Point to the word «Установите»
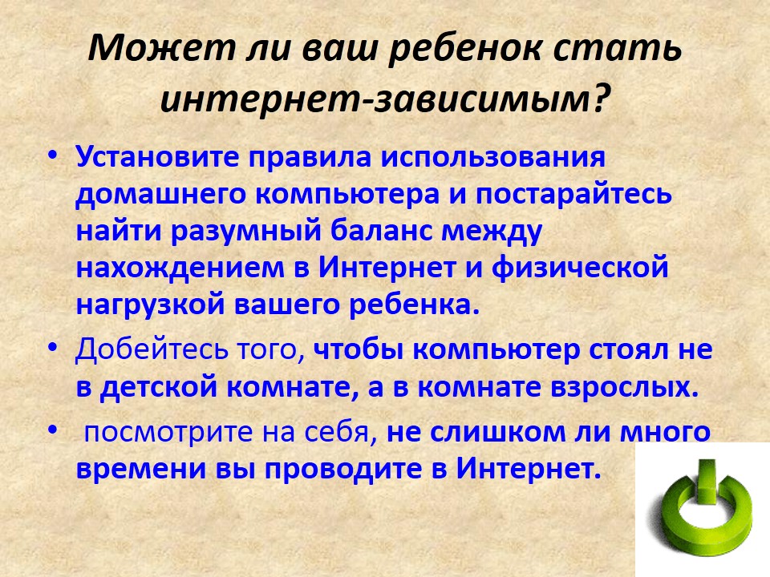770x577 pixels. (x=158, y=158)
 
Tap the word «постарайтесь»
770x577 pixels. (x=573, y=195)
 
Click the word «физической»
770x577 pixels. (x=580, y=268)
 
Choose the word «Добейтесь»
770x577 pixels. (x=152, y=349)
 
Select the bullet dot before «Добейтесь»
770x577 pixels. (x=53, y=346)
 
